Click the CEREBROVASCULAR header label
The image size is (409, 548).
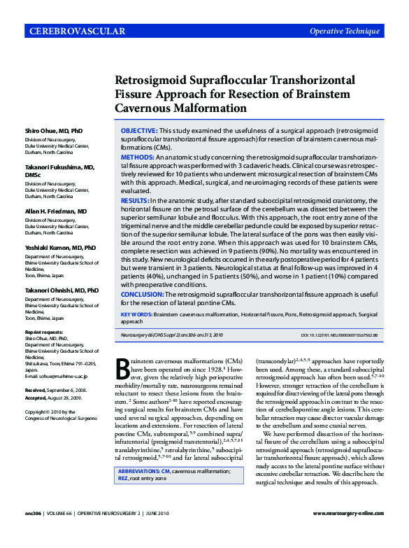click(x=77, y=31)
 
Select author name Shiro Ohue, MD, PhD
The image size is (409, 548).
click(x=54, y=131)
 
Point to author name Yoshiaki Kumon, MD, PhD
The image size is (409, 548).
click(x=61, y=248)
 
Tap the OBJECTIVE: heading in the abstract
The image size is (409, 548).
click(x=138, y=131)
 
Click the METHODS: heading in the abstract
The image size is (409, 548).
click(x=137, y=158)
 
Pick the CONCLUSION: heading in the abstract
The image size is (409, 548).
click(x=143, y=293)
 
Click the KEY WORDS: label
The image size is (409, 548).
click(x=136, y=315)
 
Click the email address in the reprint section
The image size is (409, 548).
click(x=60, y=374)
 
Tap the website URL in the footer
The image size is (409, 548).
click(x=347, y=533)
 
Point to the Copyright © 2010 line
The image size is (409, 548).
click(x=48, y=412)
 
